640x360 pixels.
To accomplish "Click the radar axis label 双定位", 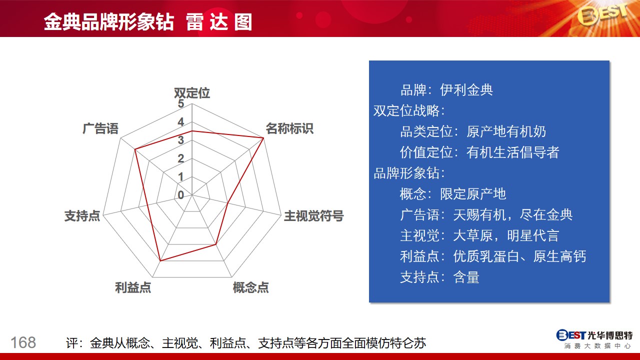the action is [192, 93].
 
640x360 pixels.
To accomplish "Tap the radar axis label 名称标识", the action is [289, 128].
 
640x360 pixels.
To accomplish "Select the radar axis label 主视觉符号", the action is [313, 215].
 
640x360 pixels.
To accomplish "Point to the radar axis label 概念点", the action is [251, 287].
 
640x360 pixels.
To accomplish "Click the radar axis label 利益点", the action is [133, 287].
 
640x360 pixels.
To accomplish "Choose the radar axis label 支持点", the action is [82, 215].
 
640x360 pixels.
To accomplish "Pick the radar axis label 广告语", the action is [100, 128].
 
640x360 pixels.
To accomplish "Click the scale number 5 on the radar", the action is [180, 103].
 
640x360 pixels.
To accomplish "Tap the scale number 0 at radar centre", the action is [180, 195].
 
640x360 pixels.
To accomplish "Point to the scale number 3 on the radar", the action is [180, 140].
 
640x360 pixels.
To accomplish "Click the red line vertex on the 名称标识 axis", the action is [263, 138].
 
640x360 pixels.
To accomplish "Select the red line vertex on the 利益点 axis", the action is [160, 260].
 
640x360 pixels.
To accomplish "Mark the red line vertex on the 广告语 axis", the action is [135, 149].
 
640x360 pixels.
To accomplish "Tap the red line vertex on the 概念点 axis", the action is [216, 244].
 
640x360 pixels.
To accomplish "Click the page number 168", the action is [23, 342].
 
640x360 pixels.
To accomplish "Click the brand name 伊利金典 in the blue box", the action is [466, 90].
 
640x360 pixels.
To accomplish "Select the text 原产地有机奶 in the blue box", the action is [506, 131].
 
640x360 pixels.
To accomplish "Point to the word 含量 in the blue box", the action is [466, 277].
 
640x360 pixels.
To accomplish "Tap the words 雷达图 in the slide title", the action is [219, 22].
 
